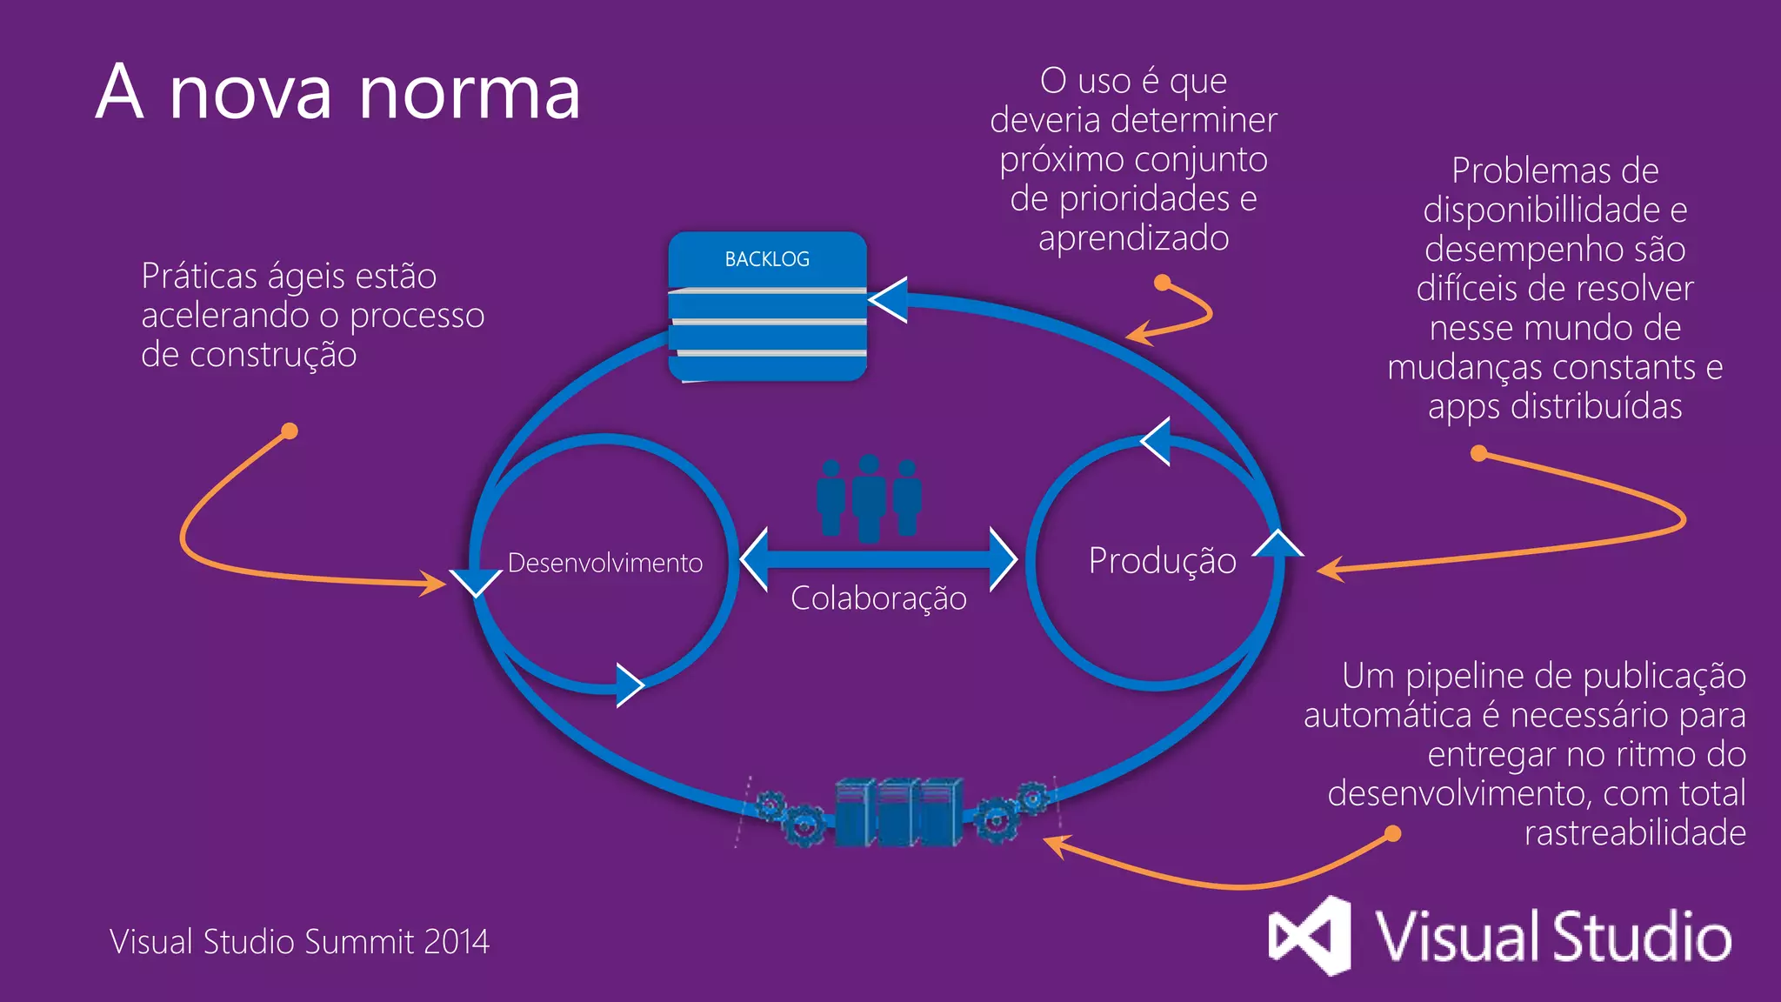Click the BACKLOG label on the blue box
click(767, 259)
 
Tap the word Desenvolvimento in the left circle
click(605, 563)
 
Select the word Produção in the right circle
click(1162, 560)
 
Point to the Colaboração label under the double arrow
click(878, 598)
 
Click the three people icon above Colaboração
click(869, 498)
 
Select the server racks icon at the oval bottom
click(898, 812)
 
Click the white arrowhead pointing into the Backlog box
click(889, 300)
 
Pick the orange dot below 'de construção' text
click(290, 431)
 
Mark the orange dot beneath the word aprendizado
click(1162, 282)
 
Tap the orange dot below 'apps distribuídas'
click(1478, 453)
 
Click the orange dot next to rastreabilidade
click(1392, 833)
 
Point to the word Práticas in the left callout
click(199, 277)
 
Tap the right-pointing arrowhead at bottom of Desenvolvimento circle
click(629, 685)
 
